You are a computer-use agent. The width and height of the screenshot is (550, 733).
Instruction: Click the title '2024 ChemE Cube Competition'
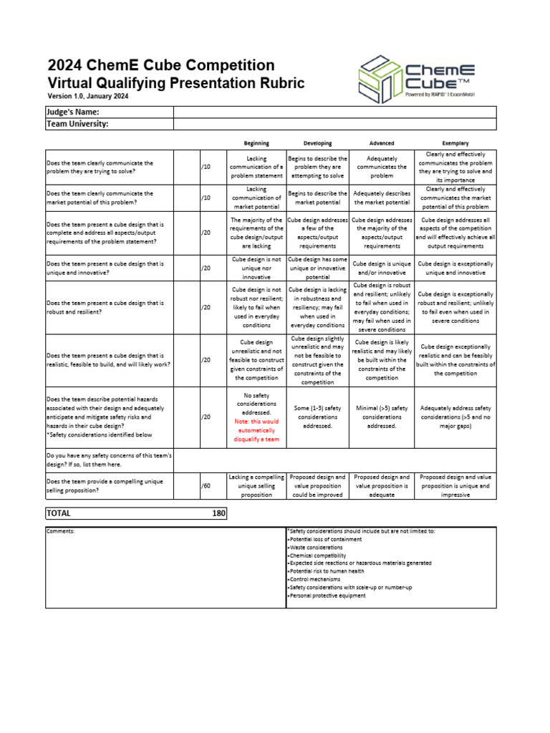pyautogui.click(x=160, y=66)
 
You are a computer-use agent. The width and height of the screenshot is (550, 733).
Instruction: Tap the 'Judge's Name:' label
pyautogui.click(x=72, y=112)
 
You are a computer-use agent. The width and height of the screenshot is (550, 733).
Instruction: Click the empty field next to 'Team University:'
pyautogui.click(x=334, y=124)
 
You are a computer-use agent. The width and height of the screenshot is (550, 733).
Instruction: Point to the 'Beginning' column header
pyautogui.click(x=256, y=143)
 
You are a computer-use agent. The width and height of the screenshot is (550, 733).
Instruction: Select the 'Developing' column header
pyautogui.click(x=317, y=143)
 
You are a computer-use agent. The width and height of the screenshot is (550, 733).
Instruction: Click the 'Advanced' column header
pyautogui.click(x=381, y=143)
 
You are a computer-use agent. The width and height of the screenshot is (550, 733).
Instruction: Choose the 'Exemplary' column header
pyautogui.click(x=455, y=143)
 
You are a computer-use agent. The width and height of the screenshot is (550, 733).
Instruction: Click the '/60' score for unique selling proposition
pyautogui.click(x=206, y=486)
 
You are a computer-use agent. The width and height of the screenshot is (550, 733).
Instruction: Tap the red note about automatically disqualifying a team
pyautogui.click(x=256, y=430)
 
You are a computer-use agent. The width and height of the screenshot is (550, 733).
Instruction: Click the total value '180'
pyautogui.click(x=219, y=513)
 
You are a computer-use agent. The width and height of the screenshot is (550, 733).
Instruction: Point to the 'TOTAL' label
pyautogui.click(x=59, y=513)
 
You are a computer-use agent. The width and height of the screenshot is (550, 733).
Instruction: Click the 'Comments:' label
pyautogui.click(x=60, y=531)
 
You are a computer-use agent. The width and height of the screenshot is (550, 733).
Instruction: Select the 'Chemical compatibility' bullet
pyautogui.click(x=317, y=555)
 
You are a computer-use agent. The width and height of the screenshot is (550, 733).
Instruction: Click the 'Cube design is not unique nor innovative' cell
pyautogui.click(x=256, y=268)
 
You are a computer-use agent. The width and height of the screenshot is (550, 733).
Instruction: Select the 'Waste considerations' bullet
pyautogui.click(x=314, y=547)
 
